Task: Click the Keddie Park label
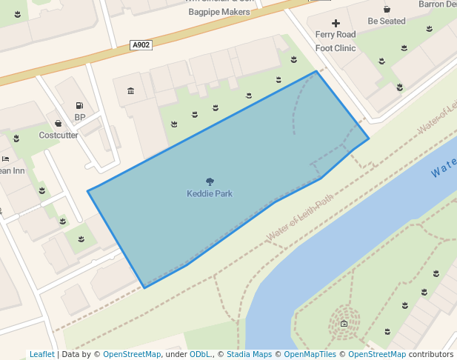(210, 194)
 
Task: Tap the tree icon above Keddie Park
(210, 181)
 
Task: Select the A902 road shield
(141, 45)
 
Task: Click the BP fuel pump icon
(79, 106)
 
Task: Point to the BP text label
(79, 117)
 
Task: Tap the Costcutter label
(59, 136)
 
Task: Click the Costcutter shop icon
(59, 124)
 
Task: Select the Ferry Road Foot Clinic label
(336, 41)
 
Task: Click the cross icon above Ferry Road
(336, 24)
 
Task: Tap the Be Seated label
(387, 21)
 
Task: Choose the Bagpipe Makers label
(219, 12)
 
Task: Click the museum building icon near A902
(131, 91)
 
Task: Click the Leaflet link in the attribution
(42, 355)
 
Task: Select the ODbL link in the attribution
(200, 355)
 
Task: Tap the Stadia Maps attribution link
(249, 355)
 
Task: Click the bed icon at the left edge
(4, 159)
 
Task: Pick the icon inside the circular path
(344, 324)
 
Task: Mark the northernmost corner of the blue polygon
(316, 72)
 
